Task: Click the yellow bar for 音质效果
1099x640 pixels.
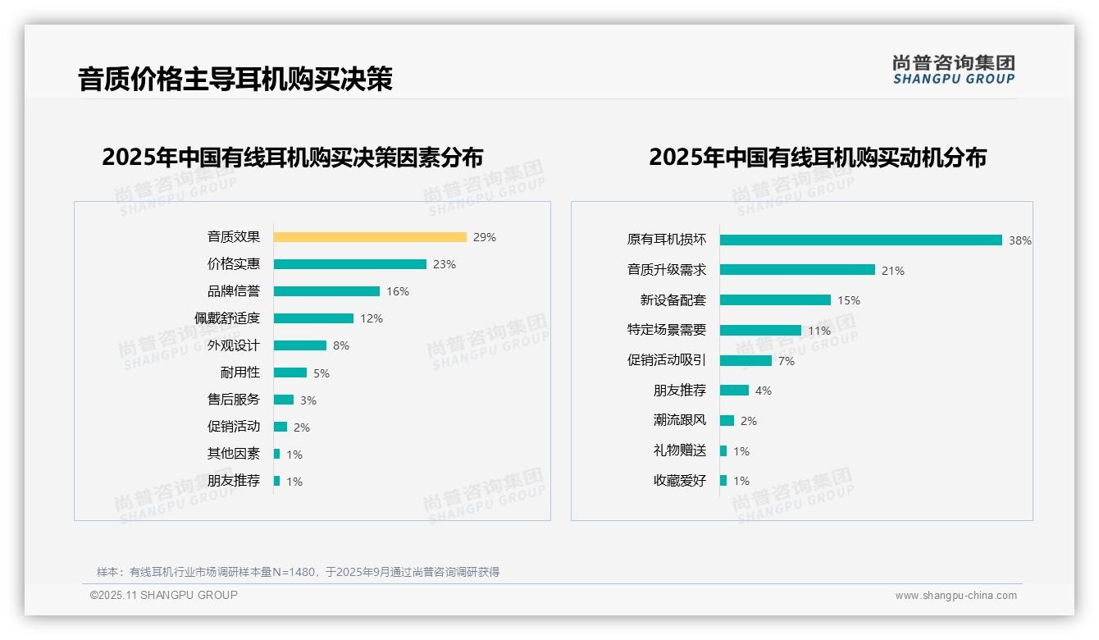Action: [x=370, y=237]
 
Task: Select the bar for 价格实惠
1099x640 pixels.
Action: [x=350, y=264]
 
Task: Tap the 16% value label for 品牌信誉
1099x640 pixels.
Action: [x=398, y=291]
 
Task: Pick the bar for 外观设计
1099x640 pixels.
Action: [x=300, y=345]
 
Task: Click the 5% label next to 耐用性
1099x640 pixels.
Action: [x=321, y=373]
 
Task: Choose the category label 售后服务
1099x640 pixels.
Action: [x=233, y=400]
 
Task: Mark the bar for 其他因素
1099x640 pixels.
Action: [x=277, y=454]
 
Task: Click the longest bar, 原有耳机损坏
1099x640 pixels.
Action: [x=861, y=240]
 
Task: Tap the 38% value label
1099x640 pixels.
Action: [x=1020, y=240]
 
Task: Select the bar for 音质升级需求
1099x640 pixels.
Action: [x=797, y=270]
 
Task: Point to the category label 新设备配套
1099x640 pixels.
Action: [x=673, y=300]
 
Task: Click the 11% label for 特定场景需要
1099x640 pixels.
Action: [x=819, y=331]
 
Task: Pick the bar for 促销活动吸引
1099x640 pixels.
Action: [x=746, y=360]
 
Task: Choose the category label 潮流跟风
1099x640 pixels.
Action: [x=679, y=420]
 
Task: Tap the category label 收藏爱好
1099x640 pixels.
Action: [x=679, y=480]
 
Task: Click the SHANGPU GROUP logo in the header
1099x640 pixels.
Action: [x=954, y=70]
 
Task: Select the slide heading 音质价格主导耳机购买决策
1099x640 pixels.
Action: [x=235, y=79]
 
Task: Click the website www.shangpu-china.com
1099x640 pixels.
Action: [x=955, y=596]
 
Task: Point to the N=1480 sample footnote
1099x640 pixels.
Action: [x=298, y=572]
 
